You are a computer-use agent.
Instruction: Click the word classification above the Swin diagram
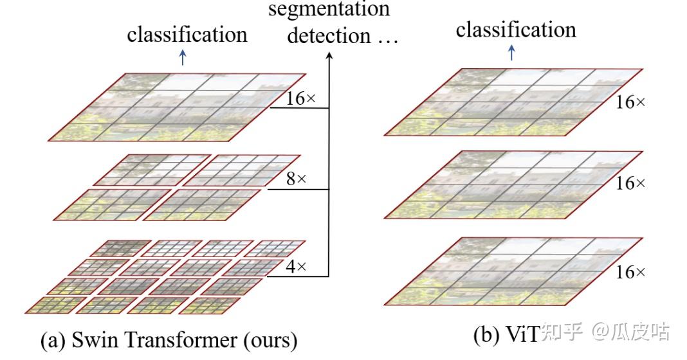187,34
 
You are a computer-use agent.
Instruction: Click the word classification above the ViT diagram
516,30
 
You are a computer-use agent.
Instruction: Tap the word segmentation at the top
329,9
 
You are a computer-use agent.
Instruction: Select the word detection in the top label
329,35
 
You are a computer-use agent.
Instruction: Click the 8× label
297,179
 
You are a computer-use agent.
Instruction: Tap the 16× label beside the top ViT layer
630,102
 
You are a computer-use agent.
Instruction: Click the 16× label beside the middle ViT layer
630,183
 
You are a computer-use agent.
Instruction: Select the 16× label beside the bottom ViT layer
630,272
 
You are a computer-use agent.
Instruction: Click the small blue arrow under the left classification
183,58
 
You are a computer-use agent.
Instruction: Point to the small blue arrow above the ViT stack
512,53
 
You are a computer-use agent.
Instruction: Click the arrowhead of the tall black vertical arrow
329,56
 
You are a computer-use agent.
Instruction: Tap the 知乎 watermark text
562,332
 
